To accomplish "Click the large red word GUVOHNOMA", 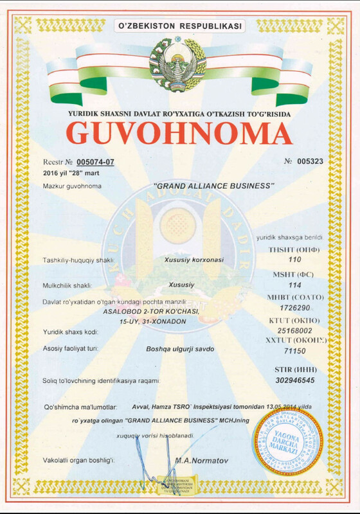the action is tap(179, 133).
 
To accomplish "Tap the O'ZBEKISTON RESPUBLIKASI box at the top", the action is tap(179, 26).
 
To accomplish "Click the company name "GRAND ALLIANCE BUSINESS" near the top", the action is tap(214, 186).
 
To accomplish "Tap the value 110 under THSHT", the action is tap(295, 260).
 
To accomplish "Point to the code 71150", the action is tap(295, 351).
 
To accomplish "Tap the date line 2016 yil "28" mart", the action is tap(73, 174).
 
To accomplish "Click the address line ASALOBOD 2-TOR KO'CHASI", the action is tap(152, 312).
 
